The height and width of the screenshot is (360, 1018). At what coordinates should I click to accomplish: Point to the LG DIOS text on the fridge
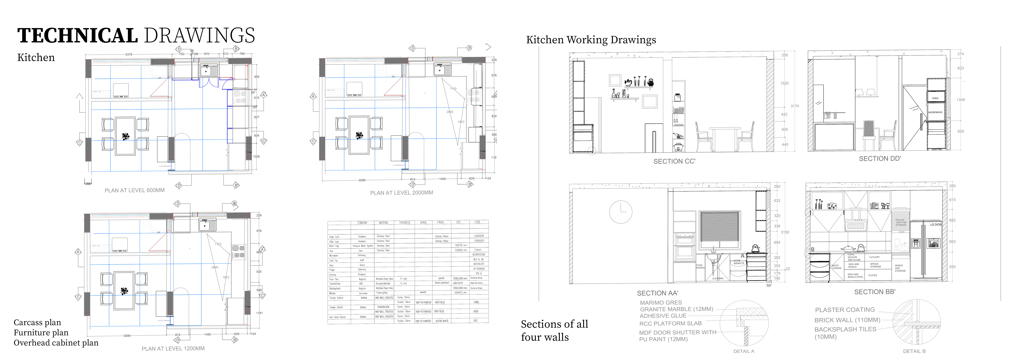(935, 224)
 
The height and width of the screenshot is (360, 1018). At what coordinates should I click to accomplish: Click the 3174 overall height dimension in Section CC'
(794, 106)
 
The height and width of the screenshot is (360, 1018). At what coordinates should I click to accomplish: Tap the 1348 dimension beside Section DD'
(960, 100)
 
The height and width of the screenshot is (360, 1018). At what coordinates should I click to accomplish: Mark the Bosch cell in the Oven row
(362, 265)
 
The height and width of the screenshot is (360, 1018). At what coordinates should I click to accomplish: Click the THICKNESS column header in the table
(404, 223)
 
